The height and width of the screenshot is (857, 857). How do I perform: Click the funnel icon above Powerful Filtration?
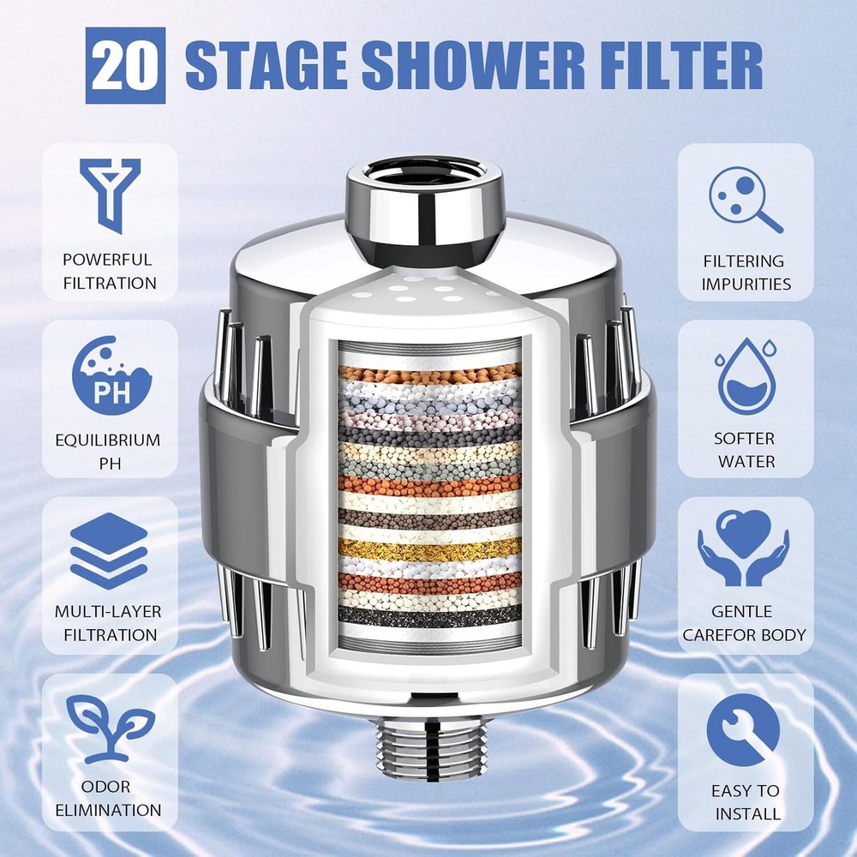coord(110,194)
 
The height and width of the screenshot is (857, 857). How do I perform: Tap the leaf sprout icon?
coord(110,730)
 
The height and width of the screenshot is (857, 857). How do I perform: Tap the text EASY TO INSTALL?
coord(745,801)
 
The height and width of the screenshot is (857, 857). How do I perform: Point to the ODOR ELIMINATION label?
coord(108,798)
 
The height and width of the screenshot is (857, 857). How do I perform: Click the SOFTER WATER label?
coord(745,449)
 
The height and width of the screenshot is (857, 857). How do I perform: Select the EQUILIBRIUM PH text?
coord(108,451)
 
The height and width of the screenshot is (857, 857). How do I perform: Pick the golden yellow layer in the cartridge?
coord(428,548)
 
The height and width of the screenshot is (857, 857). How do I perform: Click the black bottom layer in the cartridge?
coord(428,614)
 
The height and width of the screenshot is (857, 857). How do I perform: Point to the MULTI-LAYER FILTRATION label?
coord(108,623)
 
